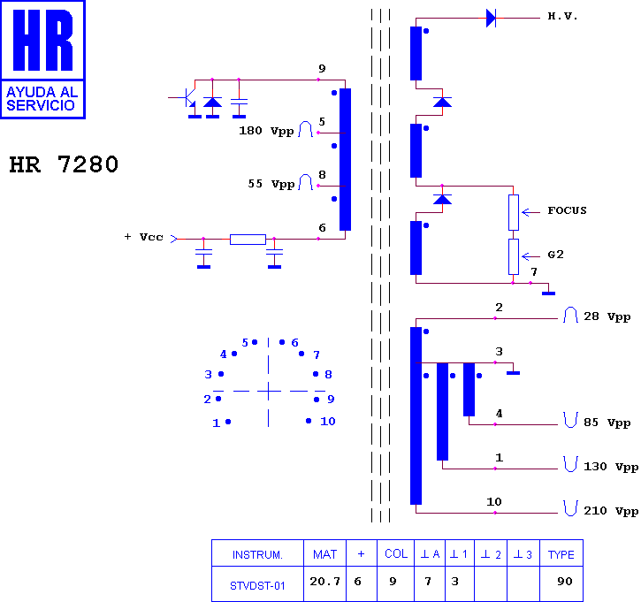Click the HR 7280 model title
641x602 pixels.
click(x=64, y=164)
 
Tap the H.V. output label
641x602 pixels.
click(x=562, y=16)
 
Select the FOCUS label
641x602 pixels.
click(x=567, y=210)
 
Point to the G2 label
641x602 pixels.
click(x=555, y=255)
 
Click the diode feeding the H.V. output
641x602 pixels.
click(x=491, y=18)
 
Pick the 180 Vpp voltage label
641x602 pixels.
click(x=266, y=131)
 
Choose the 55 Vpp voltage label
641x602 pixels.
click(x=271, y=184)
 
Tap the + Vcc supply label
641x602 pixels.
click(x=143, y=237)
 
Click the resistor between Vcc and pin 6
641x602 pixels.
click(x=248, y=239)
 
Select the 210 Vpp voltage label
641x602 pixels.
click(x=611, y=511)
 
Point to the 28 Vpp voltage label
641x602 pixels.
click(x=607, y=316)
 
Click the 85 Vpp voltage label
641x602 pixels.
click(x=607, y=423)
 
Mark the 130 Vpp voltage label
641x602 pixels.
click(x=611, y=467)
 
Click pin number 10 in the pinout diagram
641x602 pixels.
click(x=328, y=421)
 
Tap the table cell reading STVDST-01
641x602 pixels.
click(x=257, y=586)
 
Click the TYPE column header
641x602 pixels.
click(x=561, y=554)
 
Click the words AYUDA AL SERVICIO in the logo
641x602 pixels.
click(x=42, y=99)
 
